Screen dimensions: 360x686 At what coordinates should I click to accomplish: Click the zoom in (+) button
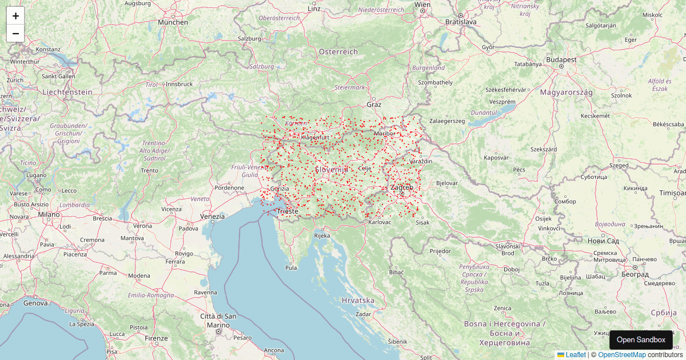tap(15, 16)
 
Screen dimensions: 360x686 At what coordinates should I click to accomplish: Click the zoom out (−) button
tap(15, 34)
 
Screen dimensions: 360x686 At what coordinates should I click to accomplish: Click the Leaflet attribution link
tap(572, 355)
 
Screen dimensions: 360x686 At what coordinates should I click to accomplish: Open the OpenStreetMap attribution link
tap(622, 355)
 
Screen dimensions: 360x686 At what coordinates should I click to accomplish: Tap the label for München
tap(173, 22)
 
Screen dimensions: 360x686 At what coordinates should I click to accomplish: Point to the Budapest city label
tap(561, 59)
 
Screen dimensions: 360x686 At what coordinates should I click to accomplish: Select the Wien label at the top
tap(422, 5)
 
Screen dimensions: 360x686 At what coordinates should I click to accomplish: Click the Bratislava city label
tap(461, 22)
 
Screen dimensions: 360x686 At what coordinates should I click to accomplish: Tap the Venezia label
tap(213, 217)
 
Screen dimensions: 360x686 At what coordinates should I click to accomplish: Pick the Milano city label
tap(49, 214)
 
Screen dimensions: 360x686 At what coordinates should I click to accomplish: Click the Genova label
tap(35, 303)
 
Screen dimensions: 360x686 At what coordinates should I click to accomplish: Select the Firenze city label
tap(156, 338)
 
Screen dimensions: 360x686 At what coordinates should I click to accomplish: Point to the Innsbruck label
tap(178, 84)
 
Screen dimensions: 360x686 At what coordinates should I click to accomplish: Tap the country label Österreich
tap(338, 52)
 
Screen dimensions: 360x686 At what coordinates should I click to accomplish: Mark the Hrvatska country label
tap(358, 300)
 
